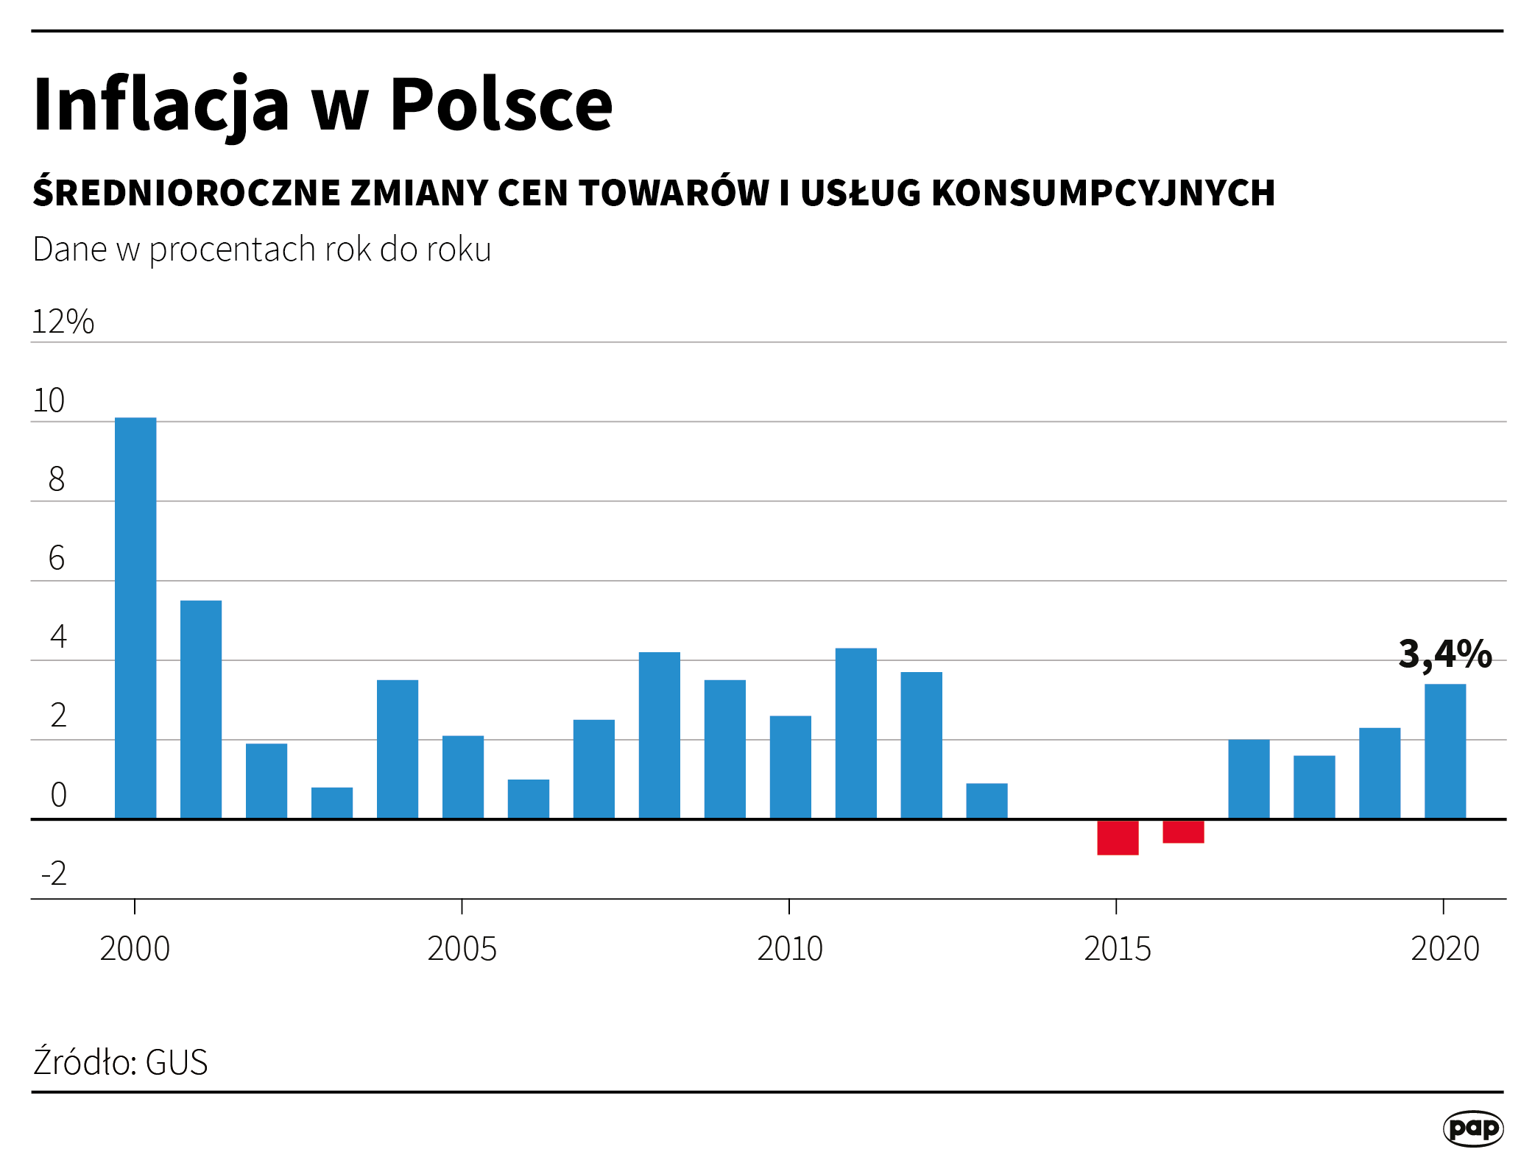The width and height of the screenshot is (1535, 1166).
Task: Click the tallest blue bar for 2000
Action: click(x=135, y=618)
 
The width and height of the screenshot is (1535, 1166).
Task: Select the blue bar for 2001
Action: click(x=201, y=710)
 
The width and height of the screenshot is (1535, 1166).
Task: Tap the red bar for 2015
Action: click(x=1118, y=838)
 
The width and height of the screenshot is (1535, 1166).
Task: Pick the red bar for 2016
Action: click(x=1183, y=832)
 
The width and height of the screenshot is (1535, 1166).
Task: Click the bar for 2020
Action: click(x=1445, y=752)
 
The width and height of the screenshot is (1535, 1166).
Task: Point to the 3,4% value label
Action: click(x=1444, y=654)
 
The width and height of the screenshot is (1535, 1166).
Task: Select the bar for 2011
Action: click(x=856, y=733)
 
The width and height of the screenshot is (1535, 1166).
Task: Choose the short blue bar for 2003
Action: click(x=332, y=803)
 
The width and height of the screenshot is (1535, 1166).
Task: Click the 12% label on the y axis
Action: click(x=63, y=322)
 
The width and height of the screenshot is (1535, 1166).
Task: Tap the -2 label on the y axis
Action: click(x=54, y=874)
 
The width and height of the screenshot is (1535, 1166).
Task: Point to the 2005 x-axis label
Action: click(x=462, y=949)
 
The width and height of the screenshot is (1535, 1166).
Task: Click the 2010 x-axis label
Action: click(x=790, y=949)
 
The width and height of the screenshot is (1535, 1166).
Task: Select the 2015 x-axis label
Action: click(x=1118, y=949)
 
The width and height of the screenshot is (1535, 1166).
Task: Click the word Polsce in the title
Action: click(x=501, y=105)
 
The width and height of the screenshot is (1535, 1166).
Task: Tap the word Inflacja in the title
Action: click(x=162, y=105)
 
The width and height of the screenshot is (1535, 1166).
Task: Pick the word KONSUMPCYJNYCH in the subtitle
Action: click(x=1103, y=193)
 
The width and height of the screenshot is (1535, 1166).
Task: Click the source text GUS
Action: click(x=177, y=1062)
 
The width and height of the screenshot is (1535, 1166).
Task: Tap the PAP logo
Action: click(x=1472, y=1128)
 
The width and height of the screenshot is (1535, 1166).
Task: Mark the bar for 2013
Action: click(x=987, y=801)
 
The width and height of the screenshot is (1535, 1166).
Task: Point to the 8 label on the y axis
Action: click(x=57, y=479)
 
